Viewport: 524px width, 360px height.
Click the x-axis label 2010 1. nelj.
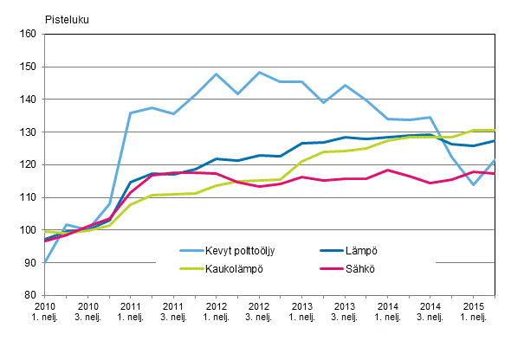tap(45, 313)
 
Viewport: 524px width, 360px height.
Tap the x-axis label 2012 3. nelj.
tap(259, 313)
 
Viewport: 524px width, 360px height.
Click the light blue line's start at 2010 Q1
tap(45, 262)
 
